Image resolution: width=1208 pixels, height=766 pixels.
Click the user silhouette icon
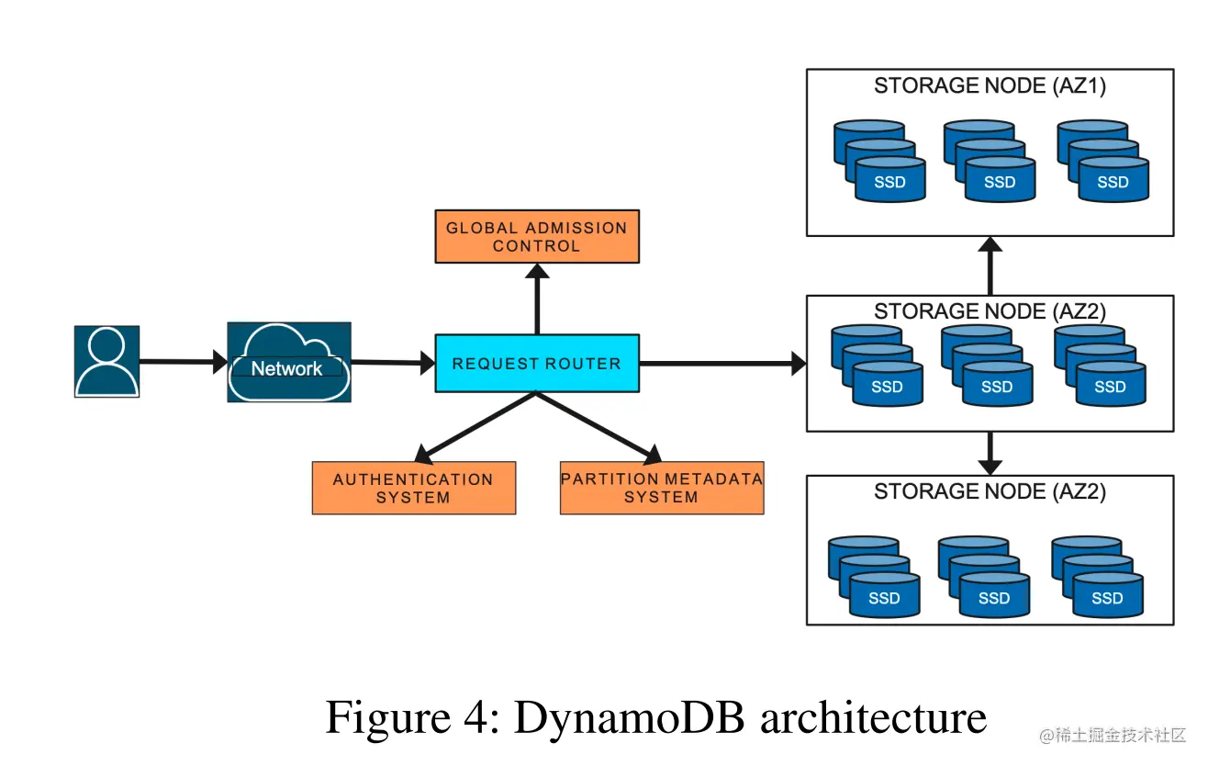[x=106, y=361]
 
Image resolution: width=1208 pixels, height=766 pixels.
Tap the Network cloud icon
[x=288, y=362]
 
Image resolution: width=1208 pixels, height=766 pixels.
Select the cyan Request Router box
[x=536, y=364]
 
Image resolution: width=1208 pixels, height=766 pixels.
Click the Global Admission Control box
[x=536, y=237]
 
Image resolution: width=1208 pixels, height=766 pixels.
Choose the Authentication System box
[x=413, y=488]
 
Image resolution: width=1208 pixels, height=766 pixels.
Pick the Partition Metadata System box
[x=661, y=488]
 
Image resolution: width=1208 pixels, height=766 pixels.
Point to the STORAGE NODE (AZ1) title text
[x=990, y=86]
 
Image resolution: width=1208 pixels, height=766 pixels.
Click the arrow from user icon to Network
[x=183, y=362]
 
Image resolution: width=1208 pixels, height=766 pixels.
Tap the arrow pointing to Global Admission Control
[x=537, y=299]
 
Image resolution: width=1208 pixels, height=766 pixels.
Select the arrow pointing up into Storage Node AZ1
[x=990, y=265]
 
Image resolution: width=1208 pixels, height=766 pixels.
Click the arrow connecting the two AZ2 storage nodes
[x=990, y=453]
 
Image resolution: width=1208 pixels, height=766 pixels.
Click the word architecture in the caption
[x=873, y=717]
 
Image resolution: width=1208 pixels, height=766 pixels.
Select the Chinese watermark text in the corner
[x=1113, y=736]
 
